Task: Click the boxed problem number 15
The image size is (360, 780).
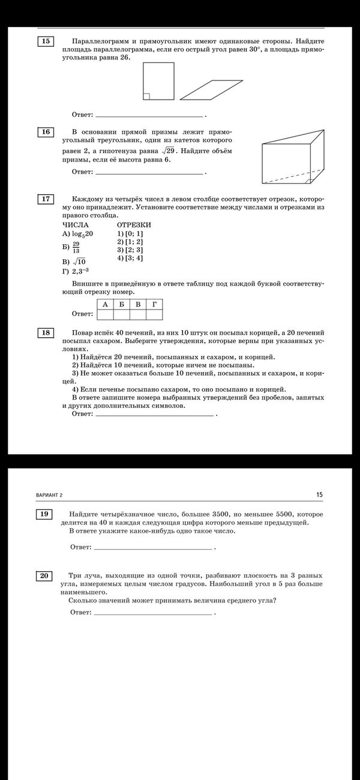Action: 46,41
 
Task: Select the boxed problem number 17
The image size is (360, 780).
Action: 46,199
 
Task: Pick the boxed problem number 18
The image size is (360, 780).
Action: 46,333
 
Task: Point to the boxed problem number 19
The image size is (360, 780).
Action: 44,514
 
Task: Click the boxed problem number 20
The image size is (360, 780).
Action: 44,576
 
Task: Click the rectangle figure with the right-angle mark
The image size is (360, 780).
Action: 159,81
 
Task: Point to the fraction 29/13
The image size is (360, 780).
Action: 76,247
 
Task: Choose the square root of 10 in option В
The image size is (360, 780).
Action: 79,262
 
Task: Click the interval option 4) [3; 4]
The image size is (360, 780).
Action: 130,258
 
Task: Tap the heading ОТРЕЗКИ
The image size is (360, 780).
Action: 133,224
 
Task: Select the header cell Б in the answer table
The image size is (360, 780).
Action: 122,304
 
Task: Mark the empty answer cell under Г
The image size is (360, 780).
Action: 154,314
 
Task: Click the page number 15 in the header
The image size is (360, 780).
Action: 319,494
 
